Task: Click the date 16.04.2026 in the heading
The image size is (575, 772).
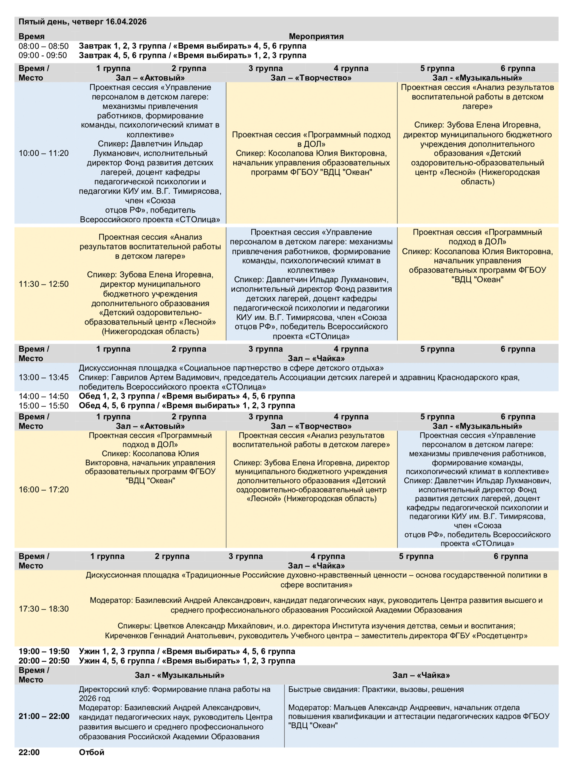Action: point(126,22)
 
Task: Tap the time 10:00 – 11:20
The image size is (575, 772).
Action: point(44,153)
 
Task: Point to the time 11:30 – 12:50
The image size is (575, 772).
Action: point(44,284)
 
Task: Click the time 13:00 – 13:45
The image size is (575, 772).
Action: point(44,377)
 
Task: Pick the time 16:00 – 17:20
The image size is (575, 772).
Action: point(44,490)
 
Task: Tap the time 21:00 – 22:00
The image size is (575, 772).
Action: point(44,716)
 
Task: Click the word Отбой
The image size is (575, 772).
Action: point(92,752)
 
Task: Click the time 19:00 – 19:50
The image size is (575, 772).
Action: point(44,651)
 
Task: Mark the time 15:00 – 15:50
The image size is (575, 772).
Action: point(44,406)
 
